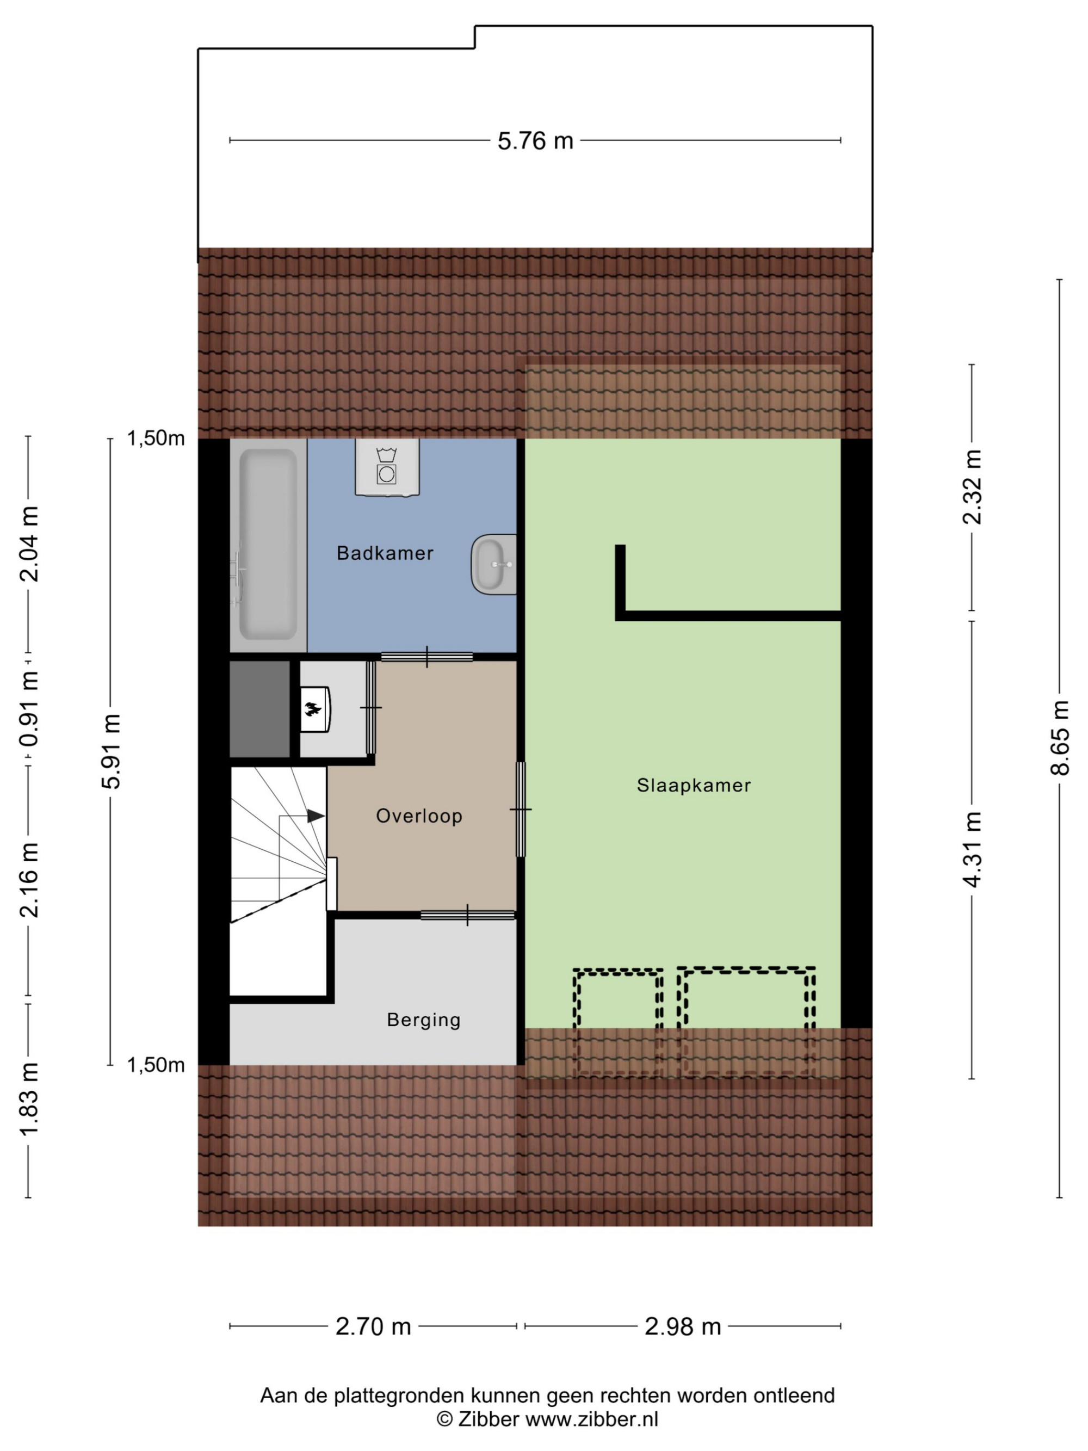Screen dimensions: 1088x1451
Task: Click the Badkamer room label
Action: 385,553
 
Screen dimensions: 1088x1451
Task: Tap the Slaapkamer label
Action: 693,785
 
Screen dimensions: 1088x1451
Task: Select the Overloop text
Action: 419,816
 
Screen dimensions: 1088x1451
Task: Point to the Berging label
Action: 424,1020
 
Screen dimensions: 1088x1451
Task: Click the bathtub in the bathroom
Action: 268,545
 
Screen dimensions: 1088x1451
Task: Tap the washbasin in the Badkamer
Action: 493,564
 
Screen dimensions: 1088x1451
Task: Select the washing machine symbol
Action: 387,466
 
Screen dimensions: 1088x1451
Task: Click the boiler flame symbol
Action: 313,708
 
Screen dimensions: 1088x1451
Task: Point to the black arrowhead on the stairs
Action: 316,816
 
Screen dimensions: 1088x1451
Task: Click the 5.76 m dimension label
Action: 535,141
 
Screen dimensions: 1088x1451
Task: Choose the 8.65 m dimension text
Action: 1060,738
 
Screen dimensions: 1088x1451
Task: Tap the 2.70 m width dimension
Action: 373,1326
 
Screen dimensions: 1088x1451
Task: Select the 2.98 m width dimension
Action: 683,1326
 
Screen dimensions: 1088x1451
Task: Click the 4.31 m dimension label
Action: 973,849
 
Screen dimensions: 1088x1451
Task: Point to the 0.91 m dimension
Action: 29,708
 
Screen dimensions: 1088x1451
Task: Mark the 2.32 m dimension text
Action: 973,487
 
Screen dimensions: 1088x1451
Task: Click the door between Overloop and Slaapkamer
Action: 521,810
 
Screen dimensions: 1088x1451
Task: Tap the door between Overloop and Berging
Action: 468,915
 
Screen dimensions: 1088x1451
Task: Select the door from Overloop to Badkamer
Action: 427,657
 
